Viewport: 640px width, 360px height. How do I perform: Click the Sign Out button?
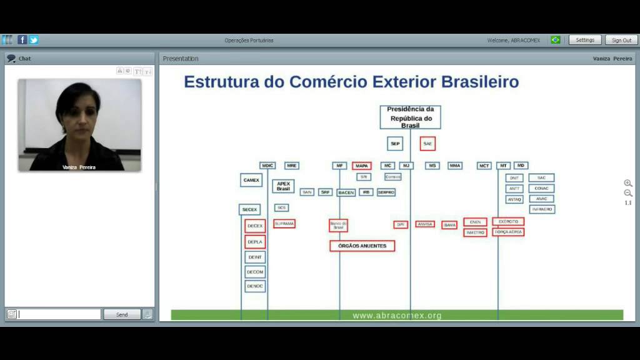pos(621,40)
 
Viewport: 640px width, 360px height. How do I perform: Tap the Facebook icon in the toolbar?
pos(22,40)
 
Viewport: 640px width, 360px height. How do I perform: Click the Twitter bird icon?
pos(34,40)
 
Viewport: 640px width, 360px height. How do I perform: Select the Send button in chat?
pos(122,314)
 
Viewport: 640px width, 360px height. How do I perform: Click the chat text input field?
pos(59,314)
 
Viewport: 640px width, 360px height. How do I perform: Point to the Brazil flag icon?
pos(555,40)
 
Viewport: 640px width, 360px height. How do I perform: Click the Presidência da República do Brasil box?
pos(410,117)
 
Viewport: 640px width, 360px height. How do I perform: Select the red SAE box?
pos(427,144)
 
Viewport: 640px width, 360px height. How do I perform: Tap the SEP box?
pos(395,144)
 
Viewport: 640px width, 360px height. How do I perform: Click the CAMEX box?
pos(251,180)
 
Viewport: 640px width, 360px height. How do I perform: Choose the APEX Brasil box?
pos(283,186)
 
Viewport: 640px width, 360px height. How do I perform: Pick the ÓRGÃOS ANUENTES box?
pos(362,246)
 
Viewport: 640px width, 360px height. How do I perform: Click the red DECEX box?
pos(255,226)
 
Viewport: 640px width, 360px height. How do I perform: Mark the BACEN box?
pos(346,192)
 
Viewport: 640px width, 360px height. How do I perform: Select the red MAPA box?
pos(361,166)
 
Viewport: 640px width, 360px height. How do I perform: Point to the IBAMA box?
pos(449,225)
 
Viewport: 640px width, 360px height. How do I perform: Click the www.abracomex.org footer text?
pos(397,316)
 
